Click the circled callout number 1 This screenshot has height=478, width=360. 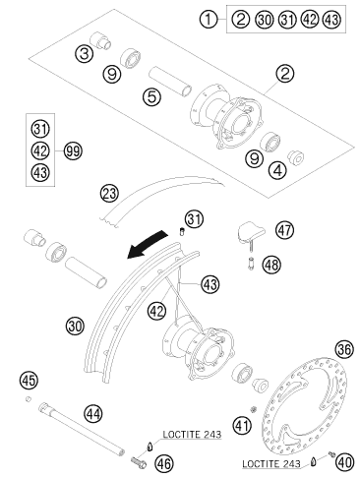tap(209, 20)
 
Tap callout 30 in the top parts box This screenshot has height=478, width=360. tap(264, 20)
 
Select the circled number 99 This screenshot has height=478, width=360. tap(73, 151)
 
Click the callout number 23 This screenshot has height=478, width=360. tap(109, 193)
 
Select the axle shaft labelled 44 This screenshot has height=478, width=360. tap(82, 430)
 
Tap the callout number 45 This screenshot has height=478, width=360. tap(29, 381)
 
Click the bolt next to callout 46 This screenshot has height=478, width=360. tap(139, 462)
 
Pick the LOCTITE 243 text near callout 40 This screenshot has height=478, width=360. tap(271, 464)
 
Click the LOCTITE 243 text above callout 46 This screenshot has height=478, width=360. tap(192, 435)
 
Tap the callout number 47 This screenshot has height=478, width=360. tap(284, 230)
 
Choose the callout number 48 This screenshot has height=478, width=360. tap(271, 265)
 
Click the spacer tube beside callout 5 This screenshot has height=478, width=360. tap(170, 82)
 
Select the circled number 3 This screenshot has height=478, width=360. tap(85, 53)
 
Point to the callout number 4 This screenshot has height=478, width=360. tap(277, 170)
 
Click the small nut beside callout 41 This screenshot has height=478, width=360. tap(253, 409)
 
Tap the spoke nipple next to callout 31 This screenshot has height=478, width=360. tap(181, 232)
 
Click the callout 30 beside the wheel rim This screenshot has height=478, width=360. tap(75, 326)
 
